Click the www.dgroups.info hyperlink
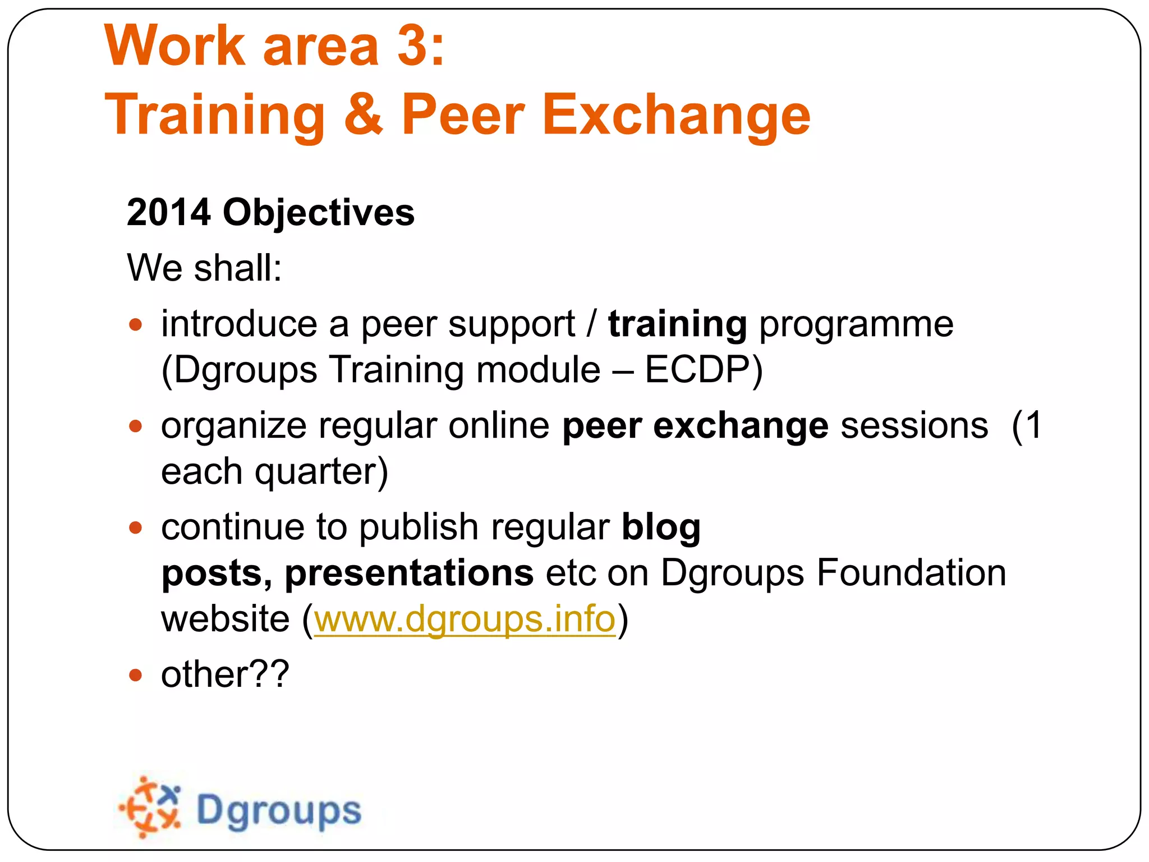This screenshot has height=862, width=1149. (465, 619)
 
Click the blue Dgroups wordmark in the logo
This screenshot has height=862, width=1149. (279, 811)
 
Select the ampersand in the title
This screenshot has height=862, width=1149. (363, 114)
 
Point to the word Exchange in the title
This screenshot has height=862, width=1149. (675, 114)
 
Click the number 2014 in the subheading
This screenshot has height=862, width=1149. (169, 213)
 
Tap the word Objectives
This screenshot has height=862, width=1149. (318, 213)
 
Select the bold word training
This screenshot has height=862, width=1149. (677, 324)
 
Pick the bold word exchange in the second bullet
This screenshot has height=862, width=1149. (741, 425)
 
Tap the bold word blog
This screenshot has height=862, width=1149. (661, 528)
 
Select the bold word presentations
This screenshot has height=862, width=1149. (409, 573)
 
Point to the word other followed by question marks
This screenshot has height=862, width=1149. (224, 674)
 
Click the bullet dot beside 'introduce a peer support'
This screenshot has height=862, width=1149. (135, 324)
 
